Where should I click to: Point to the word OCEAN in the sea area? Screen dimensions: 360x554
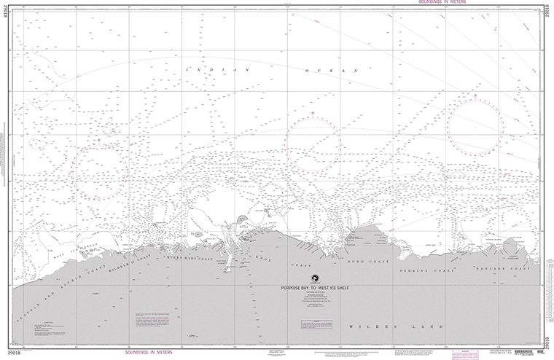(x=333, y=71)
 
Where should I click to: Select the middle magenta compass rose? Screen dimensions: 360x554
(x=313, y=144)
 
